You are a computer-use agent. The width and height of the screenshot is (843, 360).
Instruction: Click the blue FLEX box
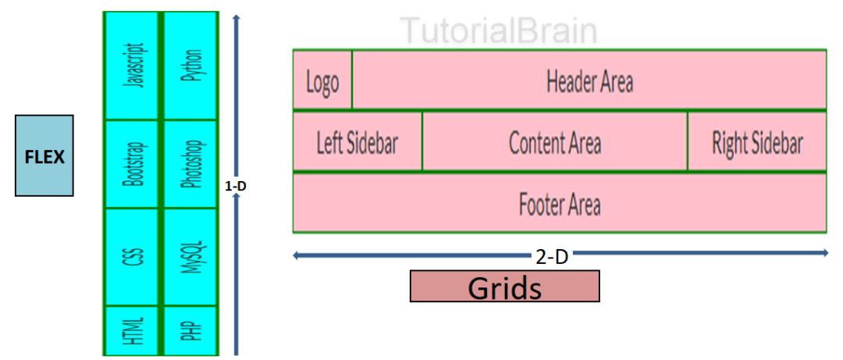pyautogui.click(x=44, y=155)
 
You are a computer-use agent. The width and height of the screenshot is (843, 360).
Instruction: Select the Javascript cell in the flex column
pyautogui.click(x=132, y=66)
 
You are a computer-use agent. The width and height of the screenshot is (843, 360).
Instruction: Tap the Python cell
pyautogui.click(x=191, y=66)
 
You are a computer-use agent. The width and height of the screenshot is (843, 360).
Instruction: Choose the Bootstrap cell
pyautogui.click(x=132, y=164)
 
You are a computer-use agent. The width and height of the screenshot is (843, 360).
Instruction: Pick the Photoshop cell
pyautogui.click(x=191, y=164)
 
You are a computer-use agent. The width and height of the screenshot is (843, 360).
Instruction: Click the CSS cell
pyautogui.click(x=132, y=257)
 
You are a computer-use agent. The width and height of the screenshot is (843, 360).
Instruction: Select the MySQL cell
pyautogui.click(x=191, y=257)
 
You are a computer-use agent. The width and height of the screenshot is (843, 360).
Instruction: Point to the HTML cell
pyautogui.click(x=132, y=331)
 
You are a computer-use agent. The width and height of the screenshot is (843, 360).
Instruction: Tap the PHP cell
pyautogui.click(x=191, y=331)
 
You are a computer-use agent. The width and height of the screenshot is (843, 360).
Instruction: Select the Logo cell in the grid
pyautogui.click(x=322, y=80)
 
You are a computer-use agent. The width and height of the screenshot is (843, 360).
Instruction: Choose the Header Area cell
pyautogui.click(x=589, y=80)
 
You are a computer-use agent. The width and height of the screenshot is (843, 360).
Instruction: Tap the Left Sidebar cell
pyautogui.click(x=357, y=143)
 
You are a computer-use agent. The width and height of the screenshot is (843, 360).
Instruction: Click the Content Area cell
pyautogui.click(x=555, y=143)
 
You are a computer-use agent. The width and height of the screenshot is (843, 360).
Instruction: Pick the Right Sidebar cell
pyautogui.click(x=757, y=143)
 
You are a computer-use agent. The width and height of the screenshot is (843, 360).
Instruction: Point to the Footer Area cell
pyautogui.click(x=560, y=204)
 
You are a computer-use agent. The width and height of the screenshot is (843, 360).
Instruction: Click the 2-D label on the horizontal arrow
pyautogui.click(x=551, y=254)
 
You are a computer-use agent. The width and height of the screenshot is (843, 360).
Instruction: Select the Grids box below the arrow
pyautogui.click(x=504, y=287)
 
